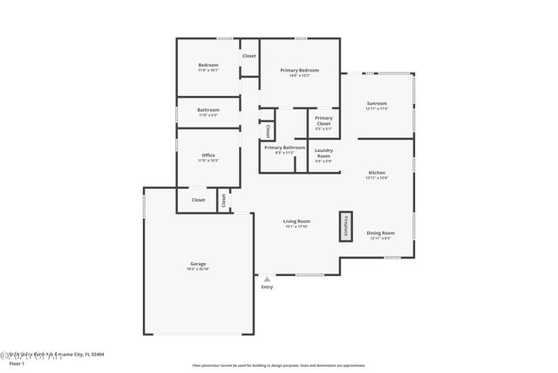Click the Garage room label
[x=199, y=266]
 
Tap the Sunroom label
[x=377, y=105]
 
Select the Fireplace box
[x=345, y=224]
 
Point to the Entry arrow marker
[x=267, y=279]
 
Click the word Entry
[x=267, y=287]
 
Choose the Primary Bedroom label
[x=299, y=72]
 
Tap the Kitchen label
[x=377, y=175]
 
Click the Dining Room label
[x=380, y=234]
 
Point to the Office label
[x=208, y=157]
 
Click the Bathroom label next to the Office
[x=208, y=111]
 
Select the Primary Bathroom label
[x=285, y=149]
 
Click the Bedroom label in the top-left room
[x=208, y=66]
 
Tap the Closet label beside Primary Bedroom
[x=249, y=56]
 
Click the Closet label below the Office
[x=199, y=200]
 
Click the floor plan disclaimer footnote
[x=279, y=365]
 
